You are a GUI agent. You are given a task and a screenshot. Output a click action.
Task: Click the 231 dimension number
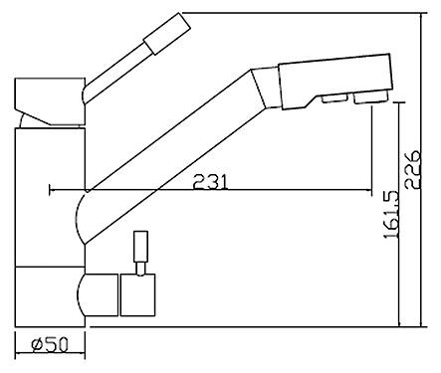pos(211,181)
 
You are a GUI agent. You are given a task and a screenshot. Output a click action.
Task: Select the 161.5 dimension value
pos(391,214)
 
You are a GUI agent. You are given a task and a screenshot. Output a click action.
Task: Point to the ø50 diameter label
pos(50,344)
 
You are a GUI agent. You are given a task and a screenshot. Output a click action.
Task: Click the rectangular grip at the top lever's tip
pos(167,34)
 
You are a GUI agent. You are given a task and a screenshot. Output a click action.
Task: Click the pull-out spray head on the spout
pos(334,82)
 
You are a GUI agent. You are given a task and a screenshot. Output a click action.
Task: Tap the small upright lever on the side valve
pos(140,247)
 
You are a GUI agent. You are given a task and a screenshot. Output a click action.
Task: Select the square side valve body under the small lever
pos(138,294)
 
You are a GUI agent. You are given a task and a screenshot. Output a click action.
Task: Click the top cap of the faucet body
pos(50,101)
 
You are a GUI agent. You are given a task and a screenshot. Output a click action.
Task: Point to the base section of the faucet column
pos(50,296)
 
